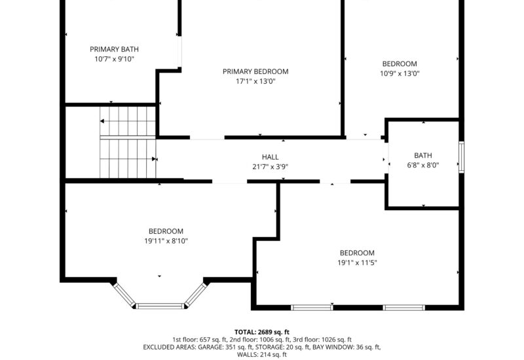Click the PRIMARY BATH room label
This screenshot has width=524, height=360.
(x=114, y=49)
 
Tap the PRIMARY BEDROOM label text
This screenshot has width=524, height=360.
(x=255, y=71)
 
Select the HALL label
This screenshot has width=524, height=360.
(x=270, y=157)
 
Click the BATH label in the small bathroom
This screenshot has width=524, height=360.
(x=422, y=155)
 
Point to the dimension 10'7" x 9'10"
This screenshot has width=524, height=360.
(x=114, y=59)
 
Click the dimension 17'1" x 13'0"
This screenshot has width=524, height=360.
(x=255, y=82)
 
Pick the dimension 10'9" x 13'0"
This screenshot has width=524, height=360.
(x=400, y=74)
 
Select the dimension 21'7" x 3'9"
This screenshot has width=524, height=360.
(x=270, y=167)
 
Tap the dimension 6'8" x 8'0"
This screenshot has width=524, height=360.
(x=422, y=166)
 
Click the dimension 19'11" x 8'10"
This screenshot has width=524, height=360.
(x=166, y=241)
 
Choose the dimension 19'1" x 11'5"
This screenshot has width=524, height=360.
(x=357, y=263)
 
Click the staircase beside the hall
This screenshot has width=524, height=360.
(x=128, y=142)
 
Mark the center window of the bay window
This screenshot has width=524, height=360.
(x=160, y=305)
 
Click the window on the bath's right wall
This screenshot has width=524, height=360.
(x=462, y=157)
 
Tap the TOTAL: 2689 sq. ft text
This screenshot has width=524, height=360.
(x=261, y=332)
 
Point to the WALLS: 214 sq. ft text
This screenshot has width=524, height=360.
(x=261, y=355)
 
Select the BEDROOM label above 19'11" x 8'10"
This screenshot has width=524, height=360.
(x=166, y=231)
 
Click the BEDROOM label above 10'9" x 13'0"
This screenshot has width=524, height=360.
(x=400, y=63)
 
